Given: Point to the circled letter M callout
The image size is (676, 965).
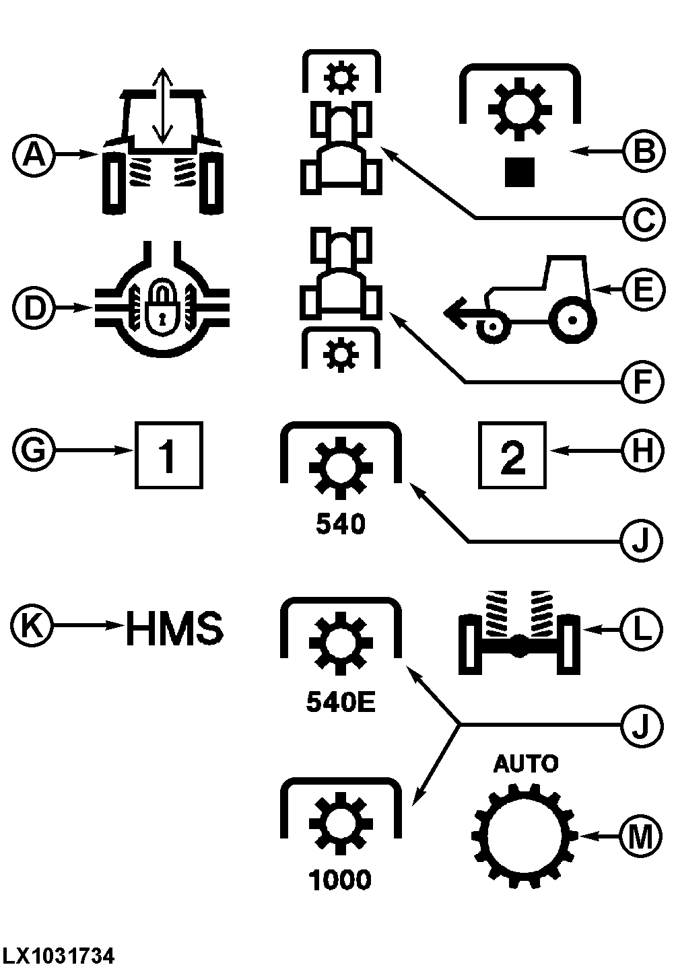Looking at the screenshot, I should (x=639, y=836).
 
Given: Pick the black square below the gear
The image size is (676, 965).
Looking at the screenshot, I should (x=520, y=172).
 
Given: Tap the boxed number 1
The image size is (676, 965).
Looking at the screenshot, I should (x=169, y=455).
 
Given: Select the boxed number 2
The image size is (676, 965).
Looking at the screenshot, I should (x=512, y=455).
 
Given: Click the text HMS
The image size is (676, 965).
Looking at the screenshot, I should (x=174, y=627).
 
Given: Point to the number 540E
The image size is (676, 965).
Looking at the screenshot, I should (x=340, y=703).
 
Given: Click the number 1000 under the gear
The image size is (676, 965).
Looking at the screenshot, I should (x=340, y=880).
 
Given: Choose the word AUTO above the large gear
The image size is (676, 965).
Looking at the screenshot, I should (x=526, y=764).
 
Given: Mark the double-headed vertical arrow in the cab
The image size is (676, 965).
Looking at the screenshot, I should (x=162, y=106).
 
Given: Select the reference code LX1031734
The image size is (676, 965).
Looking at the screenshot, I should (x=59, y=955).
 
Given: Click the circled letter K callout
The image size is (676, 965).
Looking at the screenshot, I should (x=32, y=627).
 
